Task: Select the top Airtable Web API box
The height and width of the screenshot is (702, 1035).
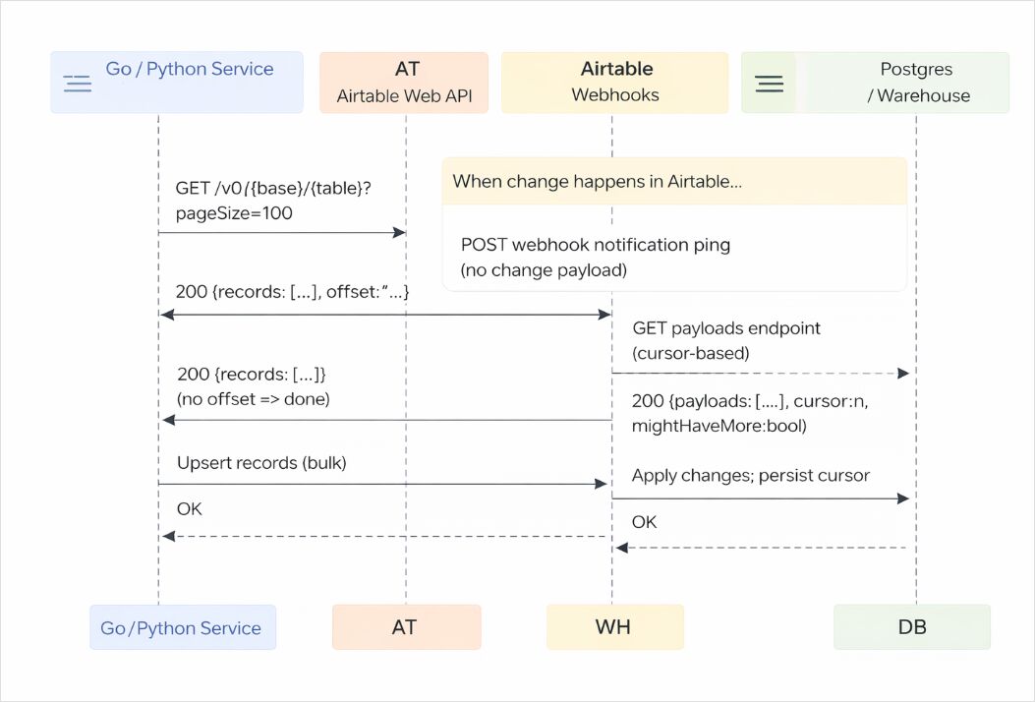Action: (404, 83)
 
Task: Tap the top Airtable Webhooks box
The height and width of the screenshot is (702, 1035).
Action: (615, 83)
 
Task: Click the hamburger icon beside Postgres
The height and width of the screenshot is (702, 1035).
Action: (770, 84)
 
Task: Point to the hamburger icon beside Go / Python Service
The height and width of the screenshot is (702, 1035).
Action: (77, 84)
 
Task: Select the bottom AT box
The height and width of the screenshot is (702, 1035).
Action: (406, 627)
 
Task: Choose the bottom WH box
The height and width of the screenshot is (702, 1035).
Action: (615, 627)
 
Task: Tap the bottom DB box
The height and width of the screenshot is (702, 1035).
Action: (912, 627)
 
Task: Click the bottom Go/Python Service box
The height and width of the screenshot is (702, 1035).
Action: (183, 627)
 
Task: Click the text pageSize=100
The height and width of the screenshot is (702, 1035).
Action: (234, 212)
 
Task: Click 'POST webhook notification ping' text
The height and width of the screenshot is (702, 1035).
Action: (596, 244)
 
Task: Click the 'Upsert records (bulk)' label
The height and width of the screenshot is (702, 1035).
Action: (261, 462)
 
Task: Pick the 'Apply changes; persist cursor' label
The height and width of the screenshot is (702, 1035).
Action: (750, 475)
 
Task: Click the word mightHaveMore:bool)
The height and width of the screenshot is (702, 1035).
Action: (719, 426)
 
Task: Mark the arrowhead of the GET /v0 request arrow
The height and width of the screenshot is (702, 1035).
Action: (400, 232)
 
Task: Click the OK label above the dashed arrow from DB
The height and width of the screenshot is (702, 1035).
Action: (644, 522)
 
